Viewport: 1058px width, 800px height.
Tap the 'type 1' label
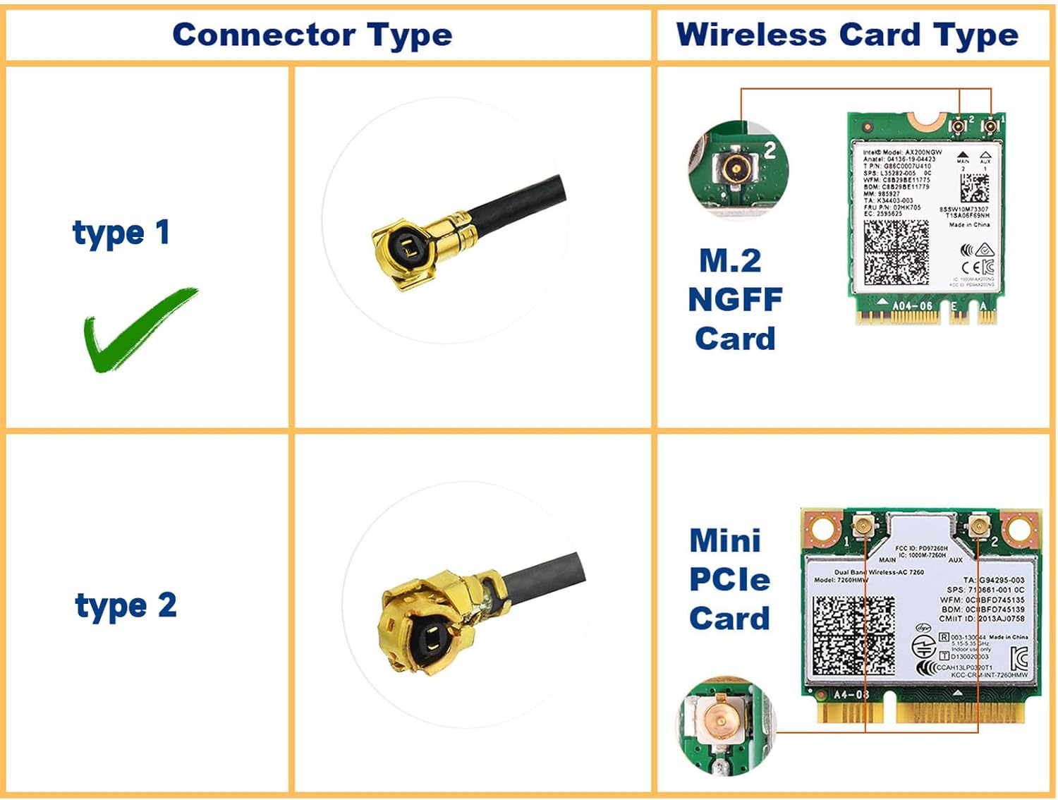121,233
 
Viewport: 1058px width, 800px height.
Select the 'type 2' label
126,606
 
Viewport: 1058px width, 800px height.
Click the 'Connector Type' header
312,35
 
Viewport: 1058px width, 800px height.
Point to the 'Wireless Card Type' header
847,35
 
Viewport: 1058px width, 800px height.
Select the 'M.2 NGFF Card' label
734,300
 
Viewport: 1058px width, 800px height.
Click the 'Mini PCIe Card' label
729,580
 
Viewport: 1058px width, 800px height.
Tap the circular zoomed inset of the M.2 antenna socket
738,169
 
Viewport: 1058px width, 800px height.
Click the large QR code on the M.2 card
896,252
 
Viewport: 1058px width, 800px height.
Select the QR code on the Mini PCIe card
853,635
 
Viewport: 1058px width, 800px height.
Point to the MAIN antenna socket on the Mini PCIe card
863,525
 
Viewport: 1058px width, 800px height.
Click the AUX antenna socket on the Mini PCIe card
978,525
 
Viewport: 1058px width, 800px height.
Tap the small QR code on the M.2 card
974,187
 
